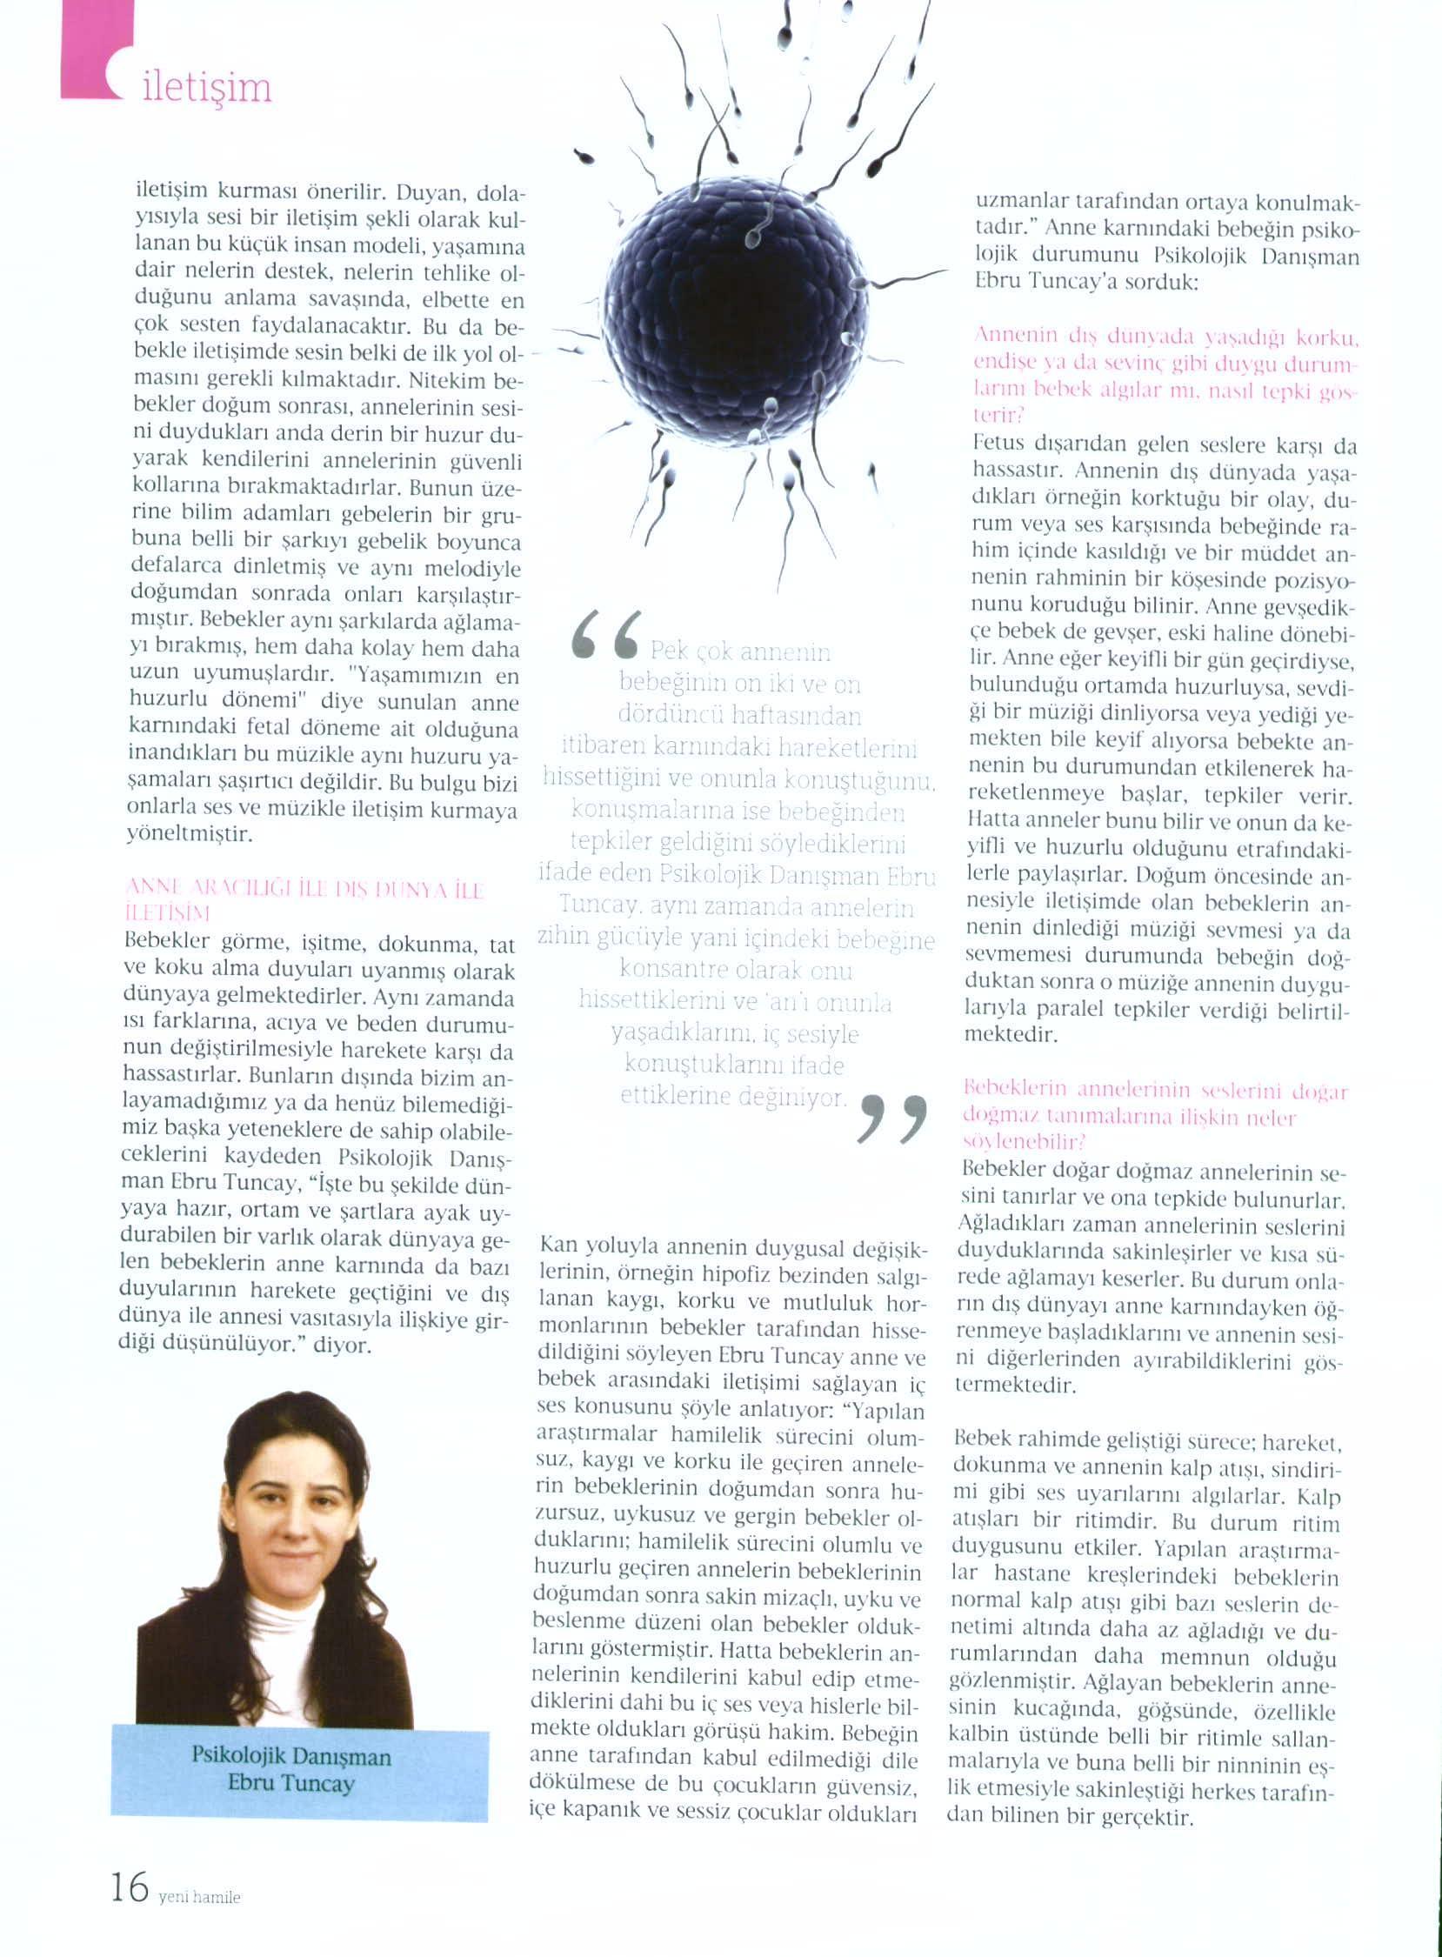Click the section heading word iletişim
tap(207, 89)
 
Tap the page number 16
tap(130, 1887)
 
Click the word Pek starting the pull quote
tap(670, 652)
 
